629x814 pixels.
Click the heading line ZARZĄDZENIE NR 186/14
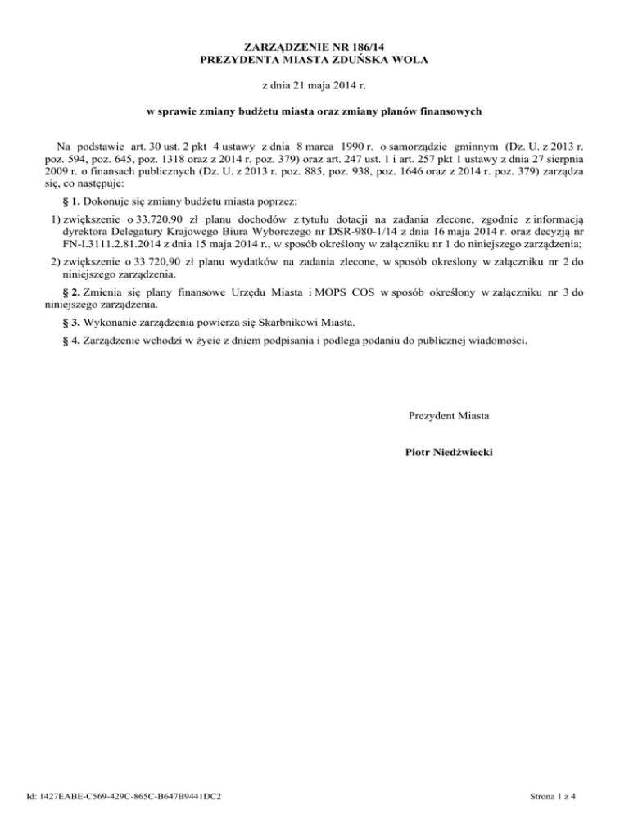click(314, 48)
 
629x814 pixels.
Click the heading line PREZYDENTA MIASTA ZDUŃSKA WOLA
click(314, 61)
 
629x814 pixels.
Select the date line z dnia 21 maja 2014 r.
click(314, 84)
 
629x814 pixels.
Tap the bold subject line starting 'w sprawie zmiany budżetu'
click(314, 110)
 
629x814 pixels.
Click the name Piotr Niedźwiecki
click(449, 451)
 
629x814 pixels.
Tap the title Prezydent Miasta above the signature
click(449, 416)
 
